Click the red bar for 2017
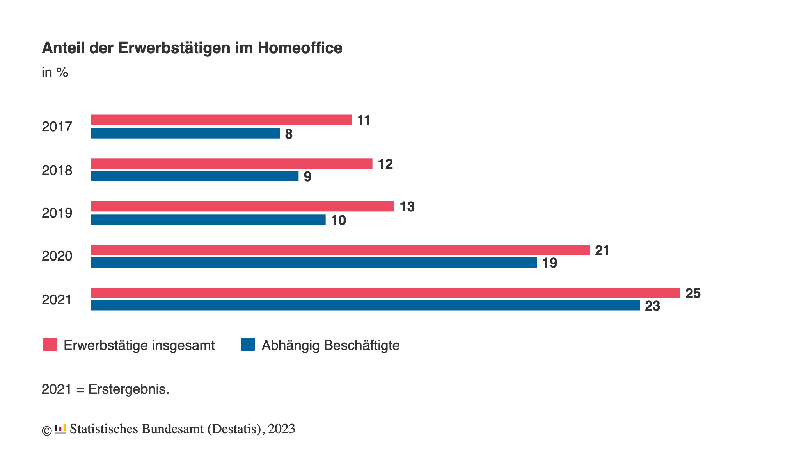221,120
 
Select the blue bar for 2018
194,176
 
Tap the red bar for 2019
242,206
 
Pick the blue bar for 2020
313,262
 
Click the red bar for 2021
385,293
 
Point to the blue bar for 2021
365,305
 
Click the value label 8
289,134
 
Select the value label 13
407,207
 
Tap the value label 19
549,263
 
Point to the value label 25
693,293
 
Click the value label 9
307,177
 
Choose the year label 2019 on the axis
57,213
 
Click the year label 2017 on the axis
57,127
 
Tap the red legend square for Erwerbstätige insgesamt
50,345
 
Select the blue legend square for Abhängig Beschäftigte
248,345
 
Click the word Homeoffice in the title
300,48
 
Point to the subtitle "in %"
55,73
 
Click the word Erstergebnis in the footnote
128,389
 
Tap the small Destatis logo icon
60,429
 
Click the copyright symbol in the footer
47,430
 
